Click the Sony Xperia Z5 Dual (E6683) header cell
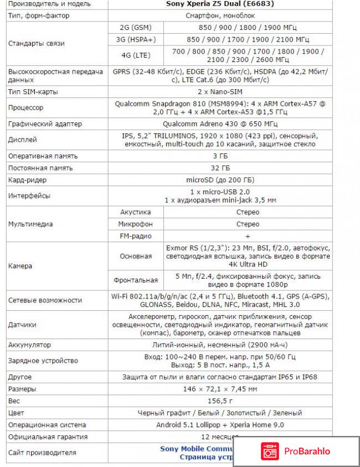220,4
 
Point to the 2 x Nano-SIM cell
220,91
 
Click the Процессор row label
25,107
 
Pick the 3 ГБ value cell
220,156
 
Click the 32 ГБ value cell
220,168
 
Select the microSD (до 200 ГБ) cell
220,180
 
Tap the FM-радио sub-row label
136,237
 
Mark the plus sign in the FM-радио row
248,237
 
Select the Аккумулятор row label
29,345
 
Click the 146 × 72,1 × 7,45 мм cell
220,389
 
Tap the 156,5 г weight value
220,401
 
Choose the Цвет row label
16,413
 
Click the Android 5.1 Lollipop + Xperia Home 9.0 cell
220,425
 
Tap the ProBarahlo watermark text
308,451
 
